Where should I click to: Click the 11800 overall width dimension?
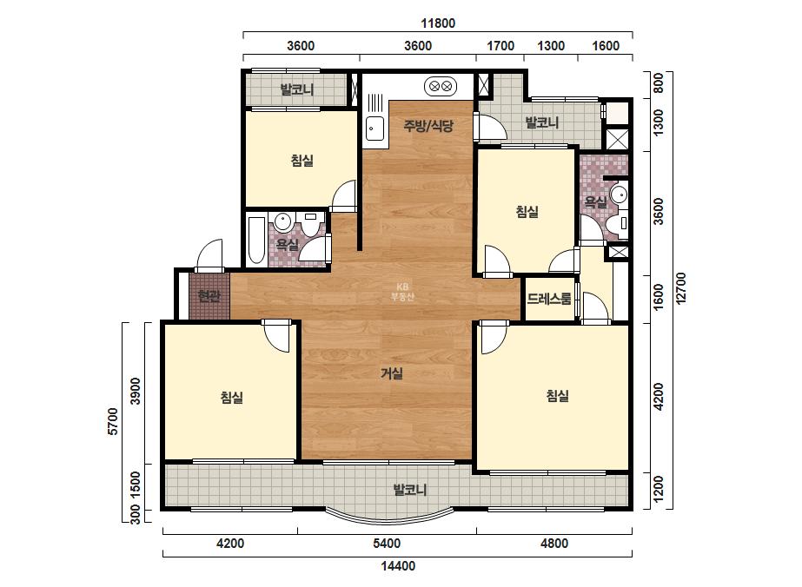pos(438,23)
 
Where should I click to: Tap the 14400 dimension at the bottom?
pos(398,565)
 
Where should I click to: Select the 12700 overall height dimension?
pos(680,288)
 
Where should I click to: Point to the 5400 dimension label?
pos(387,543)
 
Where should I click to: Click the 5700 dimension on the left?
pos(113,421)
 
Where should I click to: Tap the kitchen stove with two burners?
pos(441,87)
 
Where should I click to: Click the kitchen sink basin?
pos(374,128)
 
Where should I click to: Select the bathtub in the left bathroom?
pos(256,241)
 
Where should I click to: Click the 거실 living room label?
pos(392,373)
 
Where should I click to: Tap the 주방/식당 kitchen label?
pos(428,125)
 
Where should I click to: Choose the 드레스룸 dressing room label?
pos(549,299)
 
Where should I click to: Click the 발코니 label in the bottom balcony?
pos(410,490)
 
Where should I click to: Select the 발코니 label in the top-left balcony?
pos(296,90)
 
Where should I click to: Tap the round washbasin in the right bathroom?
pos(620,195)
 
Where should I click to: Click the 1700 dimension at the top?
pos(500,46)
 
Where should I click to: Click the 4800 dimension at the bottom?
pos(554,543)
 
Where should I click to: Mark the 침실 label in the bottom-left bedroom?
pos(232,397)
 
